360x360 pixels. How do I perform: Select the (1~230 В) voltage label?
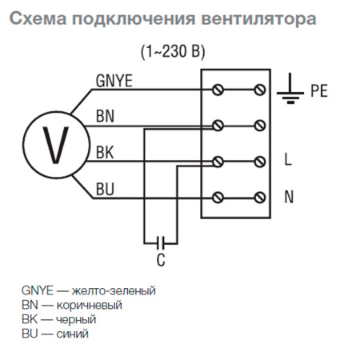[x=172, y=52]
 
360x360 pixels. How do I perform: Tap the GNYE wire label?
[x=114, y=81]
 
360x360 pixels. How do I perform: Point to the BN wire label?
[x=105, y=116]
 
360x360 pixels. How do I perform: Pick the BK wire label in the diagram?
[x=105, y=152]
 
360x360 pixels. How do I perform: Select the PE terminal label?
[x=319, y=92]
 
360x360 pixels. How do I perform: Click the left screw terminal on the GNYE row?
[x=217, y=88]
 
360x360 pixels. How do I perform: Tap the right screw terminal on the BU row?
[x=258, y=197]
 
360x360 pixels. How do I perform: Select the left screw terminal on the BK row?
[x=217, y=161]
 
